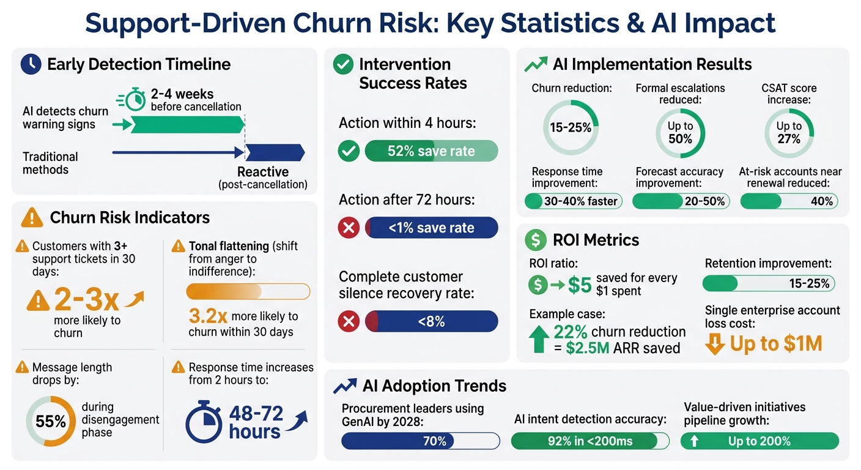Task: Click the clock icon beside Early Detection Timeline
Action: pos(31,65)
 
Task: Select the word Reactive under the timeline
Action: pos(263,172)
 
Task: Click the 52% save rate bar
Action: pos(431,151)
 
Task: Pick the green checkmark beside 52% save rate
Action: pos(349,151)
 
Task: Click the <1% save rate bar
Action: pos(431,228)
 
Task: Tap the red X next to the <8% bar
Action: pos(349,321)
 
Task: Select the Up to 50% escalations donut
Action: pos(680,133)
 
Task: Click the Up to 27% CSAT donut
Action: pos(789,133)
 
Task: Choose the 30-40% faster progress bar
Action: pos(573,201)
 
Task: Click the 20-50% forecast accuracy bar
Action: pos(681,201)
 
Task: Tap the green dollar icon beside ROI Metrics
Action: pos(536,241)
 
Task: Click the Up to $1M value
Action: pos(775,345)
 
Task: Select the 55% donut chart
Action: pos(51,422)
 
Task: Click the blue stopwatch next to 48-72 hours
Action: pos(204,422)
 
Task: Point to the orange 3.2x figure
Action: pos(208,316)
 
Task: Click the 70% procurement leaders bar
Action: pos(420,441)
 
